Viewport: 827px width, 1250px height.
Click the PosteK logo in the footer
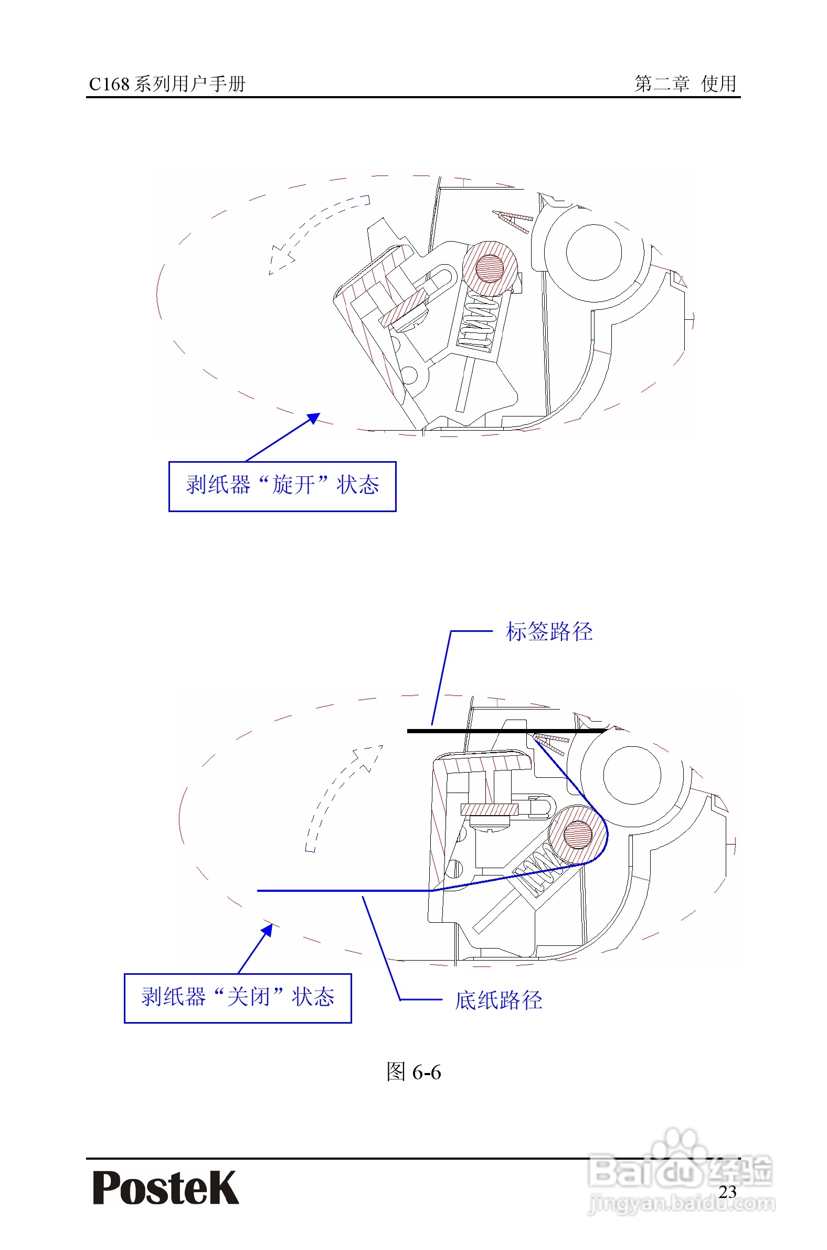tap(166, 1187)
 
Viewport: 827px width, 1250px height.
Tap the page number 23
tap(727, 1191)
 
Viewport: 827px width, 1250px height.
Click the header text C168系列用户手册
tap(167, 84)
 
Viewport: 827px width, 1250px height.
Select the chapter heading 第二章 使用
tap(685, 84)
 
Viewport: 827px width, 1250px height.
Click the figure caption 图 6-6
tap(413, 1072)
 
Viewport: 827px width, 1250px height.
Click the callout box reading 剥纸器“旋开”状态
tap(282, 486)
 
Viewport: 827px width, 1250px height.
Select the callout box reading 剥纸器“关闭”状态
tap(238, 997)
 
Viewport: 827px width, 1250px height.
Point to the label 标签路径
tap(549, 631)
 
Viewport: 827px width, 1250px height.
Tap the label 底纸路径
tap(499, 1000)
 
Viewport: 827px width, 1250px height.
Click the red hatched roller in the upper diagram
tap(490, 268)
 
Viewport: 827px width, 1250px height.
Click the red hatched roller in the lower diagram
tap(578, 834)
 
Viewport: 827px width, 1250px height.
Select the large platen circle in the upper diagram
tap(593, 252)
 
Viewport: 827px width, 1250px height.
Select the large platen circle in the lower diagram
tap(631, 775)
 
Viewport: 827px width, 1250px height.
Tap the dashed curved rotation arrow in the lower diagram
tap(337, 792)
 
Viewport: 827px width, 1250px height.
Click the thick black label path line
tap(506, 731)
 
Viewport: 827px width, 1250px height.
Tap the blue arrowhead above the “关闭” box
tap(268, 930)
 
